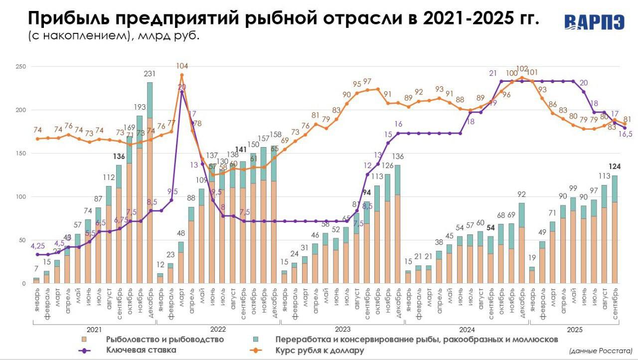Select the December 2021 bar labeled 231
pos(150,184)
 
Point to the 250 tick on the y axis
pos(21,67)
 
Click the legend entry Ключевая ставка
pos(141,350)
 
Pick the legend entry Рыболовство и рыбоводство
pos(164,340)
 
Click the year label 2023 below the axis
pos(343,329)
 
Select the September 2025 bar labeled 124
pos(615,229)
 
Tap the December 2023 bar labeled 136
pos(397,224)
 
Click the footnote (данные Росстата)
pos(600,351)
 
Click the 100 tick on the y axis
pos(21,197)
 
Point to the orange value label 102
pos(522,69)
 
